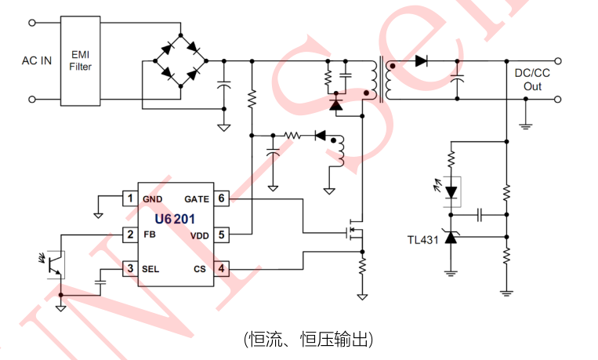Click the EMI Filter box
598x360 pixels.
pos(81,61)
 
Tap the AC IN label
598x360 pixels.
pos(37,60)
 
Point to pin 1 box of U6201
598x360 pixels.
pos(131,198)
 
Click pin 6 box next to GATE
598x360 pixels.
pos(222,198)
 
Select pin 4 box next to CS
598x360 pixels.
pos(222,269)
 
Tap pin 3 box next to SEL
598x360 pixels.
pos(131,269)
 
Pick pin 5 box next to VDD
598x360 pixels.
pos(222,234)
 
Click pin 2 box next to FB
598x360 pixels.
pos(131,234)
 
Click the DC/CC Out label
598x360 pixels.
pos(532,80)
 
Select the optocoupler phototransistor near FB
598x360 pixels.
pos(54,264)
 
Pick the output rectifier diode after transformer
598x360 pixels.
pos(422,61)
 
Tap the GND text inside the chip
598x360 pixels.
pos(153,199)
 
